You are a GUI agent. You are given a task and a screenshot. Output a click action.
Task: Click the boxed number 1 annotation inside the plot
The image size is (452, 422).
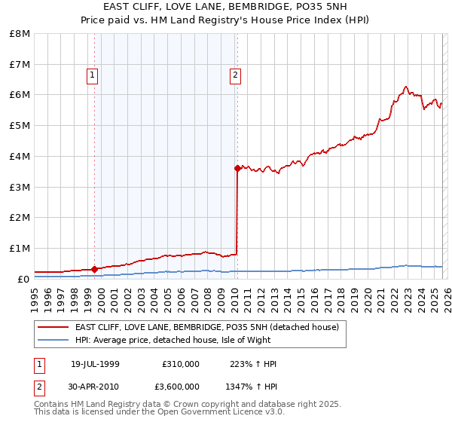point(92,75)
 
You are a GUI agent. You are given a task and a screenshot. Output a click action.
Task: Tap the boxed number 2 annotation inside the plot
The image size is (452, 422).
point(235,75)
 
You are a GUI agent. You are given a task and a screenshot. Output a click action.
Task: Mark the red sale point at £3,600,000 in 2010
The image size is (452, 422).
point(237,169)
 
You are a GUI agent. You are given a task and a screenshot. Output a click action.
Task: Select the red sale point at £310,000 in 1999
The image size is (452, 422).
point(94,269)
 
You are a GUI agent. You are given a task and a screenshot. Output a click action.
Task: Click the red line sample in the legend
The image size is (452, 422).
point(53,327)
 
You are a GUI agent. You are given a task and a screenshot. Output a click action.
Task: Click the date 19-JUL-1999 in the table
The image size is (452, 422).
point(95,364)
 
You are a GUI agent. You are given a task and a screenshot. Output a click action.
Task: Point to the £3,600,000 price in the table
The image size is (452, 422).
point(176,386)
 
